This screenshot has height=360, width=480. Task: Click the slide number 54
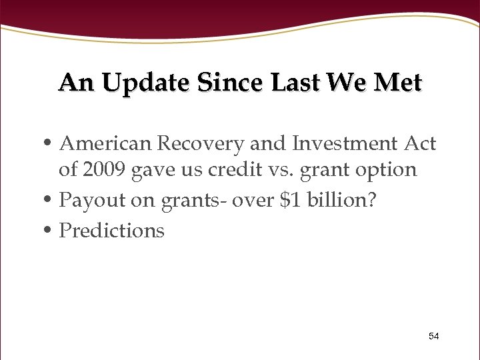click(433, 336)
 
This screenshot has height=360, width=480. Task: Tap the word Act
click(420, 143)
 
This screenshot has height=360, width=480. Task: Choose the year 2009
click(103, 170)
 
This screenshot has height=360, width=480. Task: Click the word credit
click(230, 170)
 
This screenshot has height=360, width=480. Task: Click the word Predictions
click(111, 230)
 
